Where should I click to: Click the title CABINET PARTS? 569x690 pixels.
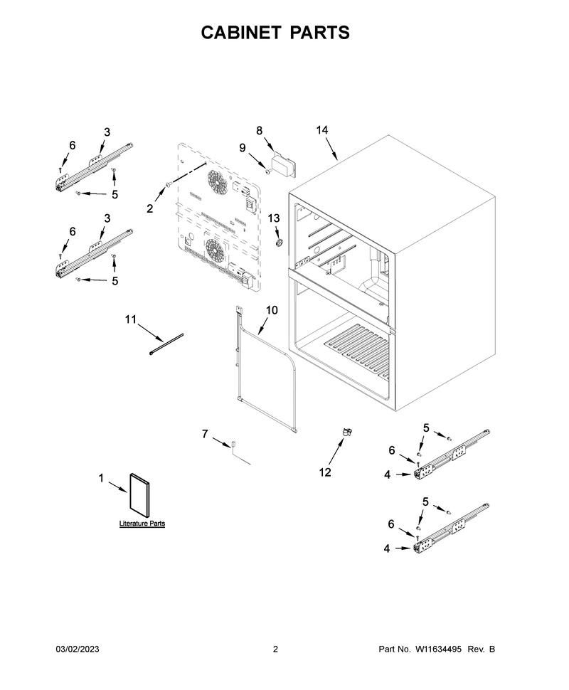(275, 33)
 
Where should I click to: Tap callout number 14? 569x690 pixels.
(322, 129)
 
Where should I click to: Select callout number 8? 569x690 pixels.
(259, 130)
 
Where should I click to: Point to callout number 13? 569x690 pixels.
(274, 218)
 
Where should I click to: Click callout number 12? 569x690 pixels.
(325, 472)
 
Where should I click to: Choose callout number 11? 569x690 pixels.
(131, 319)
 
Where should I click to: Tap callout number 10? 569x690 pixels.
(272, 310)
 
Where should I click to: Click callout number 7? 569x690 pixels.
(205, 434)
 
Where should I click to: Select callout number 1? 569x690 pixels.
(101, 478)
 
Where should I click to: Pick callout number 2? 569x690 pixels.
(150, 208)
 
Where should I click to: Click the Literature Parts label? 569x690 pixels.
(142, 524)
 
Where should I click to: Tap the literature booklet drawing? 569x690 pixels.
(139, 496)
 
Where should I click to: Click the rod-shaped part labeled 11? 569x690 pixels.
(166, 344)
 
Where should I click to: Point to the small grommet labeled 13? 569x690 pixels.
(278, 243)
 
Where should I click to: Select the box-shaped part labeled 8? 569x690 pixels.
(284, 164)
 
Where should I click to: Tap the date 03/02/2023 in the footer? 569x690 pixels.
(78, 649)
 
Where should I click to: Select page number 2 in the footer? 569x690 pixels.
(275, 649)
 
